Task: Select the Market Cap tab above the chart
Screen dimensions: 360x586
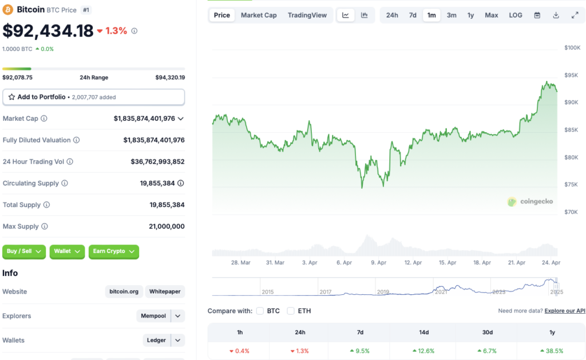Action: pos(259,15)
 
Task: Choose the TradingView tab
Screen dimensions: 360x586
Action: pos(307,15)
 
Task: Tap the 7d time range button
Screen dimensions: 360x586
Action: pos(413,15)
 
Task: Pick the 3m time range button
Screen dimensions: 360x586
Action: pos(452,15)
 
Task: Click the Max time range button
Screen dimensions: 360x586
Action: pos(491,15)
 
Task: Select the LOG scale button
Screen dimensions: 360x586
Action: pos(516,15)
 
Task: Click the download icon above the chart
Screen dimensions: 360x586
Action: pos(556,15)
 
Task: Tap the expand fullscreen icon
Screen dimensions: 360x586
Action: pos(575,15)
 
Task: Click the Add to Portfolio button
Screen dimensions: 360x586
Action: pos(93,97)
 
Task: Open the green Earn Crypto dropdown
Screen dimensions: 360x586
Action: pos(113,251)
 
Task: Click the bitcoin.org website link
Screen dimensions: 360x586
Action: pos(124,292)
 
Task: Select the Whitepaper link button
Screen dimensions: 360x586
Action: pos(165,292)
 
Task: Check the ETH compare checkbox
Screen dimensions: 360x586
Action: pos(291,311)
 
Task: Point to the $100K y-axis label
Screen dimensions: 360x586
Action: pos(572,48)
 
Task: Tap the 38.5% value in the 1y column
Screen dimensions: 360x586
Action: pos(552,351)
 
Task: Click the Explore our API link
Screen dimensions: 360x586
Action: pos(565,311)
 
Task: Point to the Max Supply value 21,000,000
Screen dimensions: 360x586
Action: pos(167,227)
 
